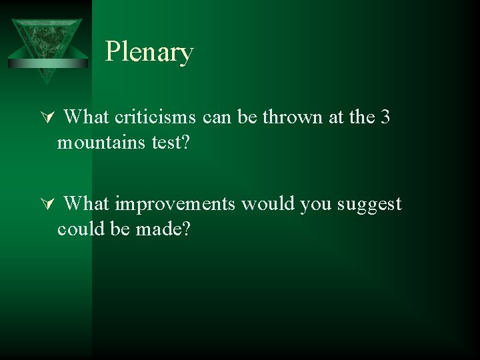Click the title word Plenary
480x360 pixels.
pyautogui.click(x=149, y=52)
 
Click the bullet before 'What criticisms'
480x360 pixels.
pyautogui.click(x=46, y=119)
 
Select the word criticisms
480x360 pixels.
pyautogui.click(x=155, y=117)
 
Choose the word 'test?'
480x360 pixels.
pyautogui.click(x=167, y=143)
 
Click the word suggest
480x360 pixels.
pyautogui.click(x=370, y=204)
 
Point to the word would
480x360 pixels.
pyautogui.click(x=268, y=203)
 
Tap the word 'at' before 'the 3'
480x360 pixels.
pyautogui.click(x=338, y=117)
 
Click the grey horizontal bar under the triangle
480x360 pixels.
pyautogui.click(x=47, y=63)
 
